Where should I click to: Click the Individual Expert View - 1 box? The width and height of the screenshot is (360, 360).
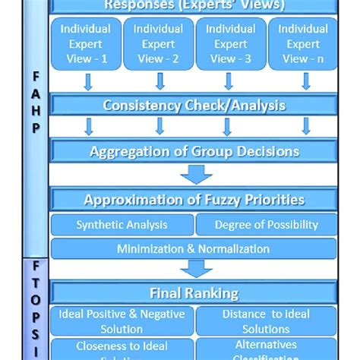[x=85, y=44]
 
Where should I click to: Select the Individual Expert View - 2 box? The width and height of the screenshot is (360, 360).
[x=158, y=44]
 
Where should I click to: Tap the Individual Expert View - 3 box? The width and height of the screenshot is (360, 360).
[x=230, y=44]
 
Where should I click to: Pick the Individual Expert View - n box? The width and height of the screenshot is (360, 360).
[x=302, y=44]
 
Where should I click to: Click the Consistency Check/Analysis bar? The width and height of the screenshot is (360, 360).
[x=194, y=105]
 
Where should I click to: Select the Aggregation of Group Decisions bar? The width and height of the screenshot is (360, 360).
[x=194, y=151]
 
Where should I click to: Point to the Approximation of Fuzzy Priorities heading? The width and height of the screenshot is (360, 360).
[x=194, y=201]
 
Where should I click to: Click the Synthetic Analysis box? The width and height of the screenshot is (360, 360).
[x=122, y=225]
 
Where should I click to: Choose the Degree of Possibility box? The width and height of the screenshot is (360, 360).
[x=266, y=225]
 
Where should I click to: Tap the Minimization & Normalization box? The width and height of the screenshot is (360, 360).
[x=194, y=248]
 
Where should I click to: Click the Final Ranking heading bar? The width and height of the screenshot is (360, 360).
[x=194, y=292]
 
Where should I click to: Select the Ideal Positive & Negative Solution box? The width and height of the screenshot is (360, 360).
[x=122, y=321]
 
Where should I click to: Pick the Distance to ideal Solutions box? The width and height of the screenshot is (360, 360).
[x=266, y=321]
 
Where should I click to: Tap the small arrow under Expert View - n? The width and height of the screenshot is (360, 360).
[x=306, y=81]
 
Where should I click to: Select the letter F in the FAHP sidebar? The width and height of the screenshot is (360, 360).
[x=36, y=78]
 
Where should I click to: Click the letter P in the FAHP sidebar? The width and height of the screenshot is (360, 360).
[x=36, y=128]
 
